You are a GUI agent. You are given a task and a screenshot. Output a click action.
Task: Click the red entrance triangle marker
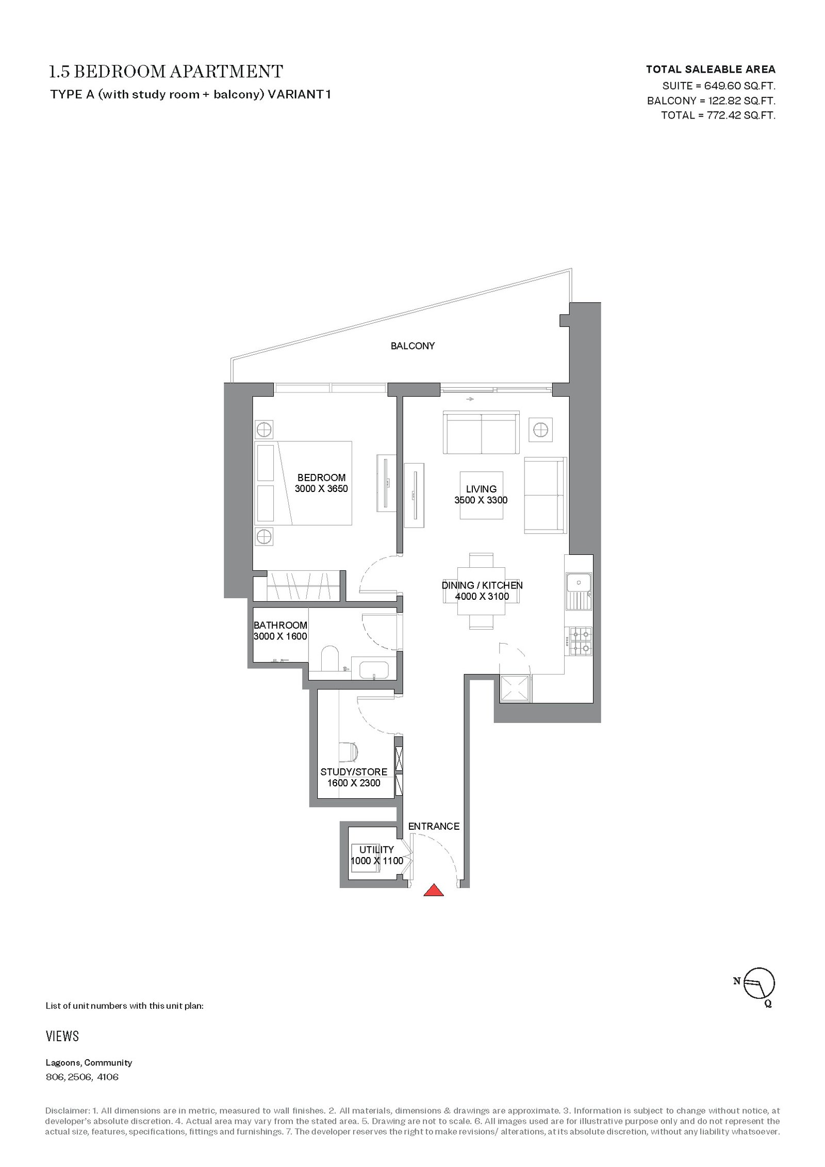pos(434,890)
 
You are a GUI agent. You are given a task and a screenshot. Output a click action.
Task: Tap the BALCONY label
pos(412,346)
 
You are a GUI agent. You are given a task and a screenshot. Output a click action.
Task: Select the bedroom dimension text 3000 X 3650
pos(321,488)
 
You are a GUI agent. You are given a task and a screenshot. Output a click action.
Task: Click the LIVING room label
pos(481,489)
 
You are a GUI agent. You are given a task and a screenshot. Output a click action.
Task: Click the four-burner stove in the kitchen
pos(579,640)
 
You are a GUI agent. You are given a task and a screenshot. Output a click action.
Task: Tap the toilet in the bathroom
pos(328,659)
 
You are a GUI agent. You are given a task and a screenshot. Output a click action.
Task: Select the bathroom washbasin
pos(373,668)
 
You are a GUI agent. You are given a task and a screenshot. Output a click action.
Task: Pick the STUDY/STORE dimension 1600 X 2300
pos(354,783)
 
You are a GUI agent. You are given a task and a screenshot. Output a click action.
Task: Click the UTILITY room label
pos(376,849)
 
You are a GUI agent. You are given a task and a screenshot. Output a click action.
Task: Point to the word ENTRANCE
pos(434,826)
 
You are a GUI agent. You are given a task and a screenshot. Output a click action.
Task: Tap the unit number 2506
pos(80,1077)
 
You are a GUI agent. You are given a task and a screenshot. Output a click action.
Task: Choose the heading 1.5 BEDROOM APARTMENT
pos(166,71)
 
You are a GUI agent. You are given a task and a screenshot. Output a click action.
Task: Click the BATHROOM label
pos(280,625)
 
